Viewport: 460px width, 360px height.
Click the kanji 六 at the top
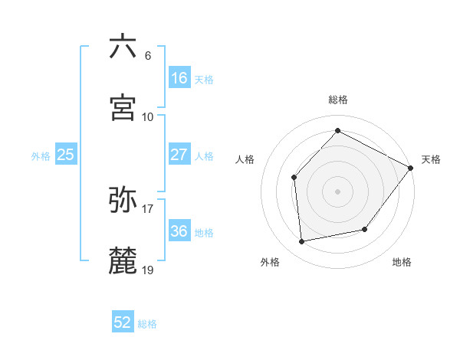123,47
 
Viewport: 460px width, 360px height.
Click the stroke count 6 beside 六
147,56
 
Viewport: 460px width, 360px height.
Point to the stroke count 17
148,208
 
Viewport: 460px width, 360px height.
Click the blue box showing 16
179,78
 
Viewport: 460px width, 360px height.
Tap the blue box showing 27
179,155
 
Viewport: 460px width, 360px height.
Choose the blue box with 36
179,231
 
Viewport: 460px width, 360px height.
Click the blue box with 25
66,155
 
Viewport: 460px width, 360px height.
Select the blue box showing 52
123,322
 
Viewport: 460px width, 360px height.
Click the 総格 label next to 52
147,324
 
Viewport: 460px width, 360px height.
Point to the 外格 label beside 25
41,156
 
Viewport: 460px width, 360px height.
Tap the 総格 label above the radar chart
338,100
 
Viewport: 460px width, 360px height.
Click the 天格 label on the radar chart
431,159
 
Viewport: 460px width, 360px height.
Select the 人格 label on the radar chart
245,159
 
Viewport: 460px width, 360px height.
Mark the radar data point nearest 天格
410,168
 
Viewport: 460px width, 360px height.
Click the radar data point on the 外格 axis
302,242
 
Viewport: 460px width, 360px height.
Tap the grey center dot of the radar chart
338,191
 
